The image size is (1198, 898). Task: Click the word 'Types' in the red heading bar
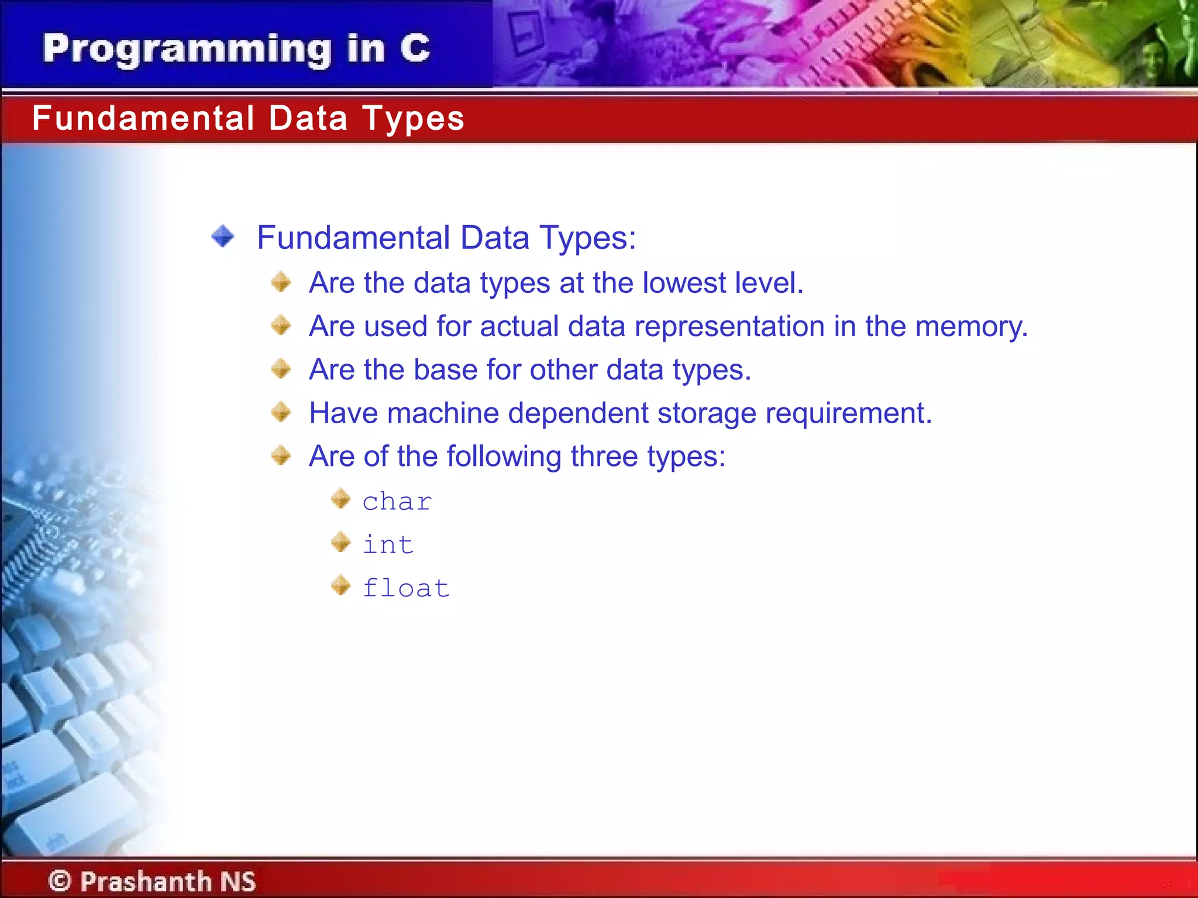pyautogui.click(x=413, y=119)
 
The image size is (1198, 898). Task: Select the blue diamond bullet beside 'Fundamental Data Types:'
pyautogui.click(x=223, y=237)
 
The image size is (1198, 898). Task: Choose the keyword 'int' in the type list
pyautogui.click(x=388, y=545)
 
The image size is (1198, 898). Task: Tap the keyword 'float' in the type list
pyautogui.click(x=406, y=588)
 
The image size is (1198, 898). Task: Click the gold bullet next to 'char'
pyautogui.click(x=340, y=499)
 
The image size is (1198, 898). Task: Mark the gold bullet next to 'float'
pyautogui.click(x=340, y=585)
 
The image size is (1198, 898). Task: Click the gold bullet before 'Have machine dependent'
pyautogui.click(x=281, y=412)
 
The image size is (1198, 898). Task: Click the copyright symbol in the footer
pyautogui.click(x=60, y=880)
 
